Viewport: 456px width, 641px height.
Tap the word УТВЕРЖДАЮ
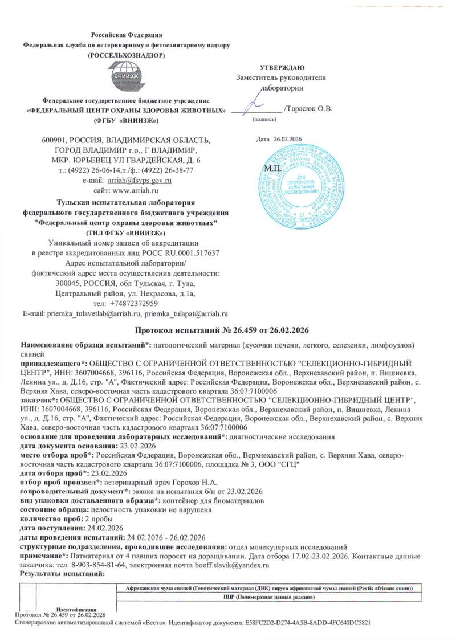(282, 68)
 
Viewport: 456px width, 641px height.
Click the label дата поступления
(53, 528)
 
